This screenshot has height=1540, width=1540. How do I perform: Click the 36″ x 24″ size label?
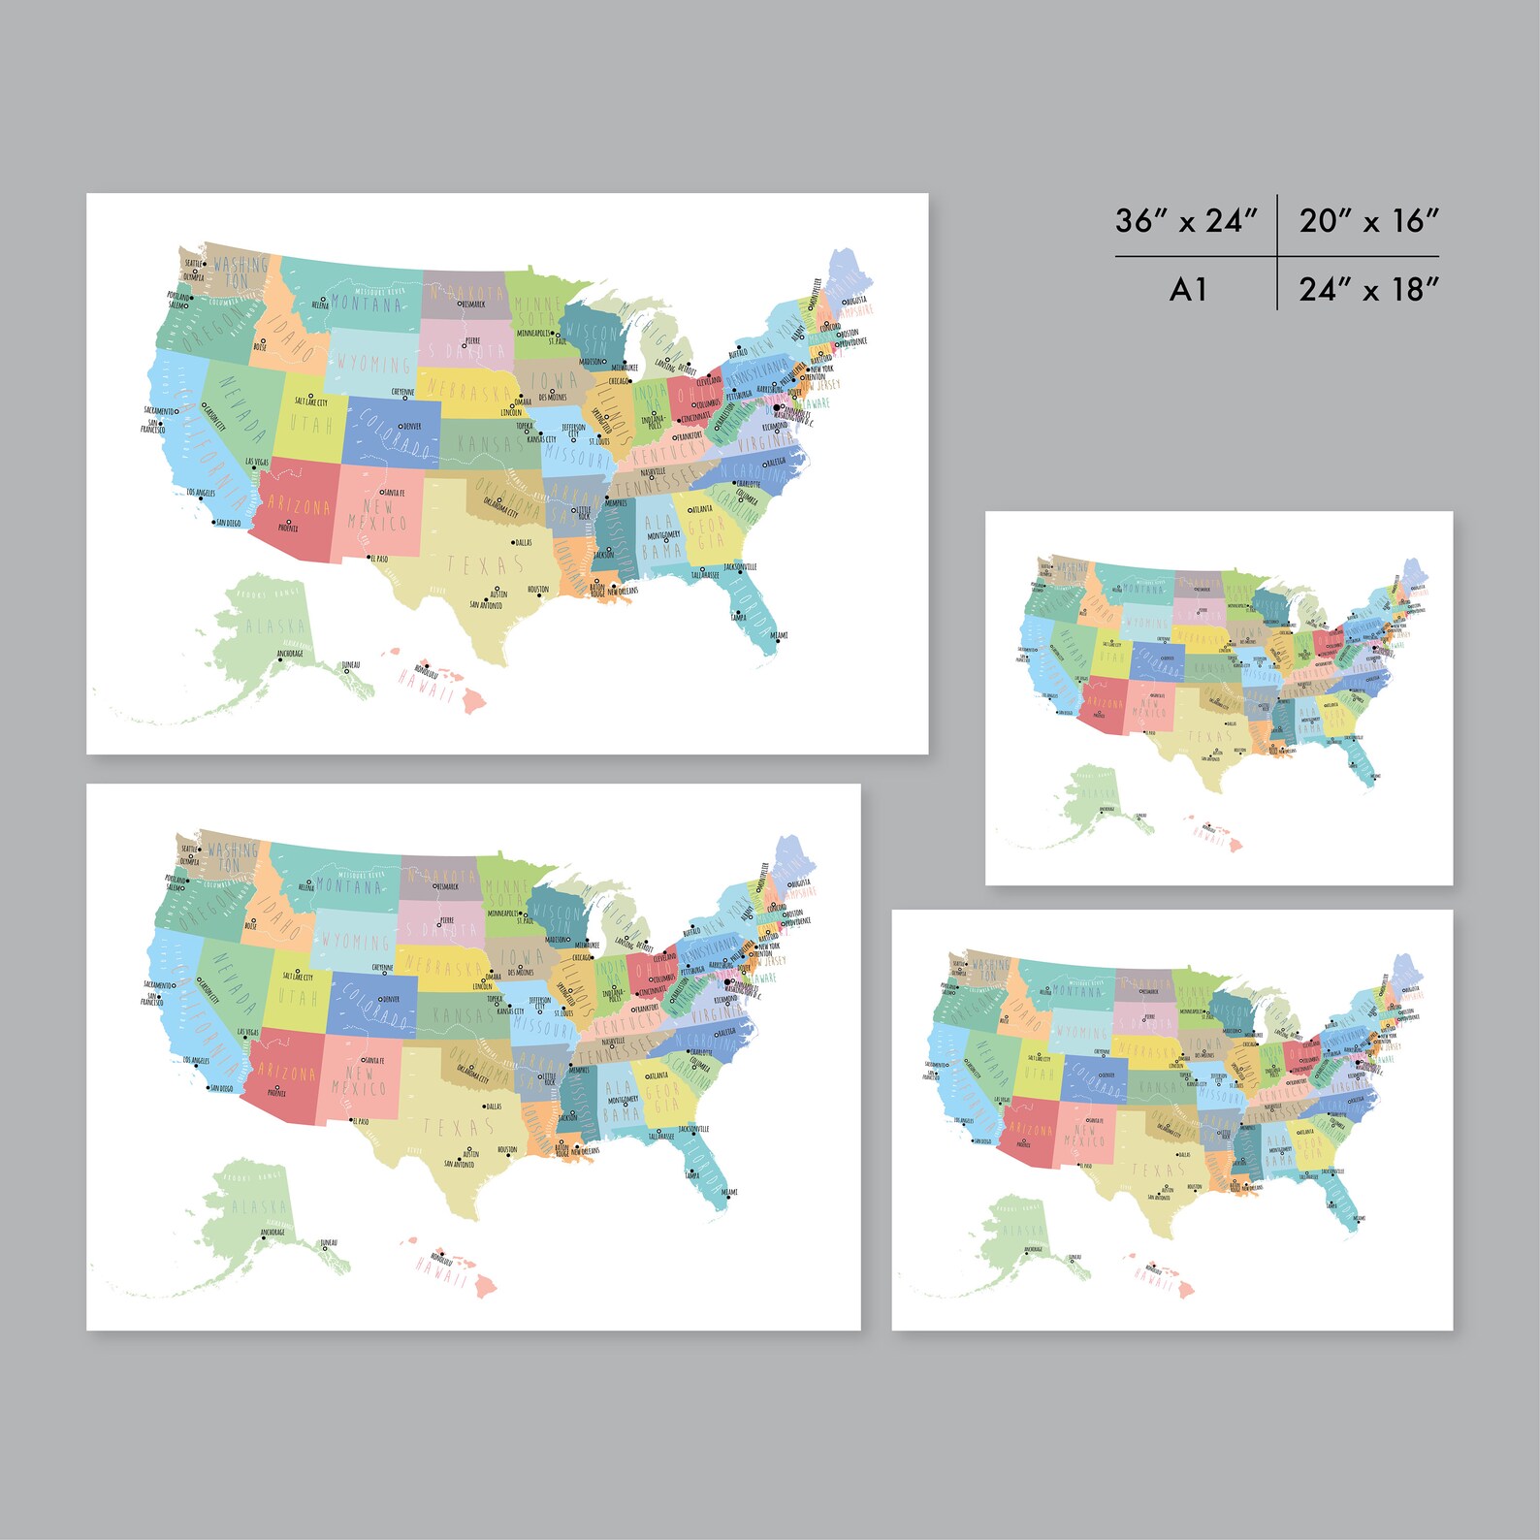[x=1185, y=221]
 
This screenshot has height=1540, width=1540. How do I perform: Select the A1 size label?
[x=1188, y=289]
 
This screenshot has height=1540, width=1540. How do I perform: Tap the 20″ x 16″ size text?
[x=1368, y=221]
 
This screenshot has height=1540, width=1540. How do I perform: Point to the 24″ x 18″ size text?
[x=1368, y=289]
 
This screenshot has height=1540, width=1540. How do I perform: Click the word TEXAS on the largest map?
[x=485, y=563]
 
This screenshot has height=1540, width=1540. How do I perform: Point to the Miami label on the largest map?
[x=779, y=635]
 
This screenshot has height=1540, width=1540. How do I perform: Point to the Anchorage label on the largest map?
[x=290, y=654]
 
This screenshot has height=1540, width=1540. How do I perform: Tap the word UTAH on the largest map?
[x=310, y=424]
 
